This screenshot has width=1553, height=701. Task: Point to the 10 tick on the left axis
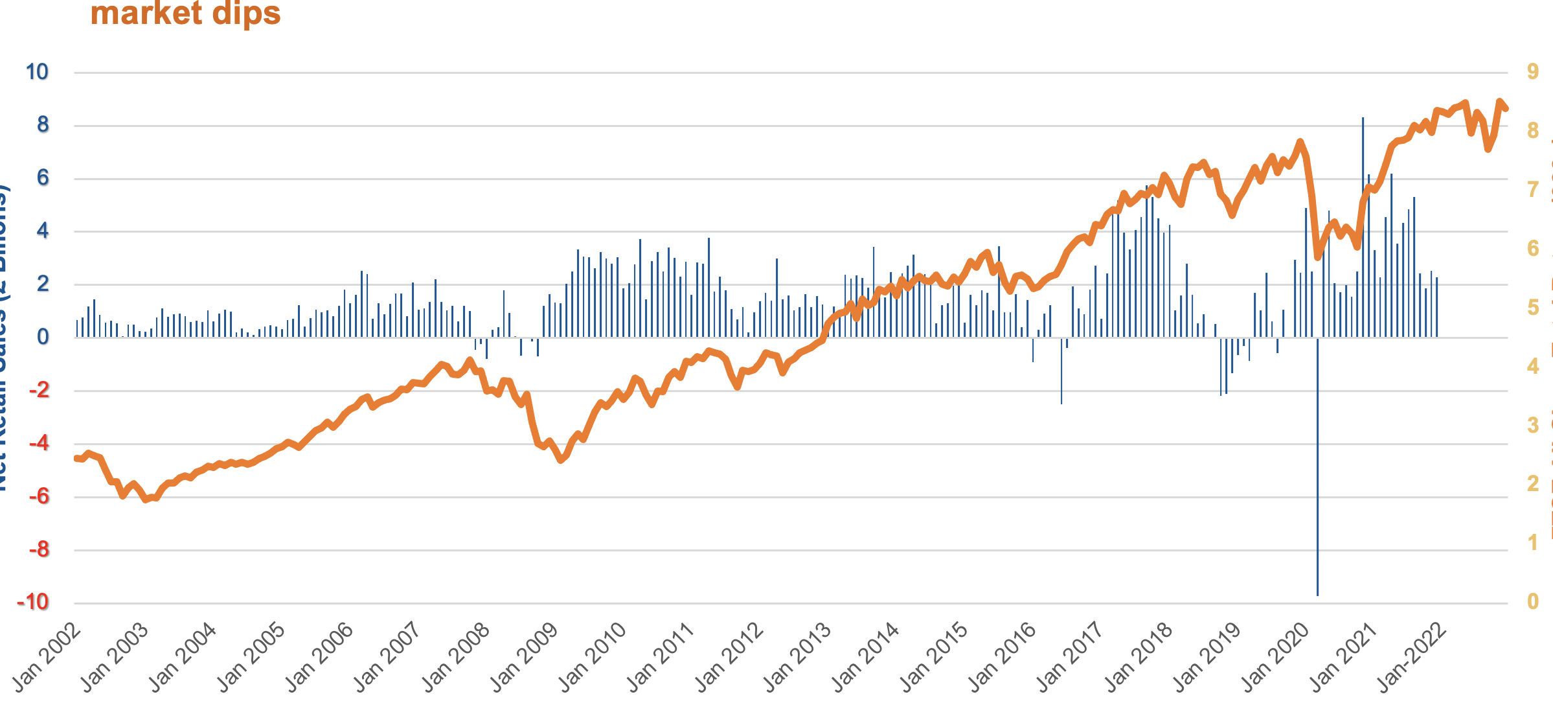(x=38, y=72)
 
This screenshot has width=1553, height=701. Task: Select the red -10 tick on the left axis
(x=33, y=603)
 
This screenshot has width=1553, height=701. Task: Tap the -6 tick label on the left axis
(x=39, y=497)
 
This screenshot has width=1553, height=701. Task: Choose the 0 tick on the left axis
(x=43, y=337)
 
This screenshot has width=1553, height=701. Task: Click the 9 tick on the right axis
(x=1532, y=71)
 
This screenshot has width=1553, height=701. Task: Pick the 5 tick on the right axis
(x=1532, y=307)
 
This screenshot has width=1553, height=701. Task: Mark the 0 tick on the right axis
(x=1532, y=602)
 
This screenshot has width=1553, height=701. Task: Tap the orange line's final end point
(x=1506, y=108)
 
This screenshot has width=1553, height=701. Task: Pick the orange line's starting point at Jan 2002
(x=76, y=458)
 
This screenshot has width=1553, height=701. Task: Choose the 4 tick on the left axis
(x=43, y=231)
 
